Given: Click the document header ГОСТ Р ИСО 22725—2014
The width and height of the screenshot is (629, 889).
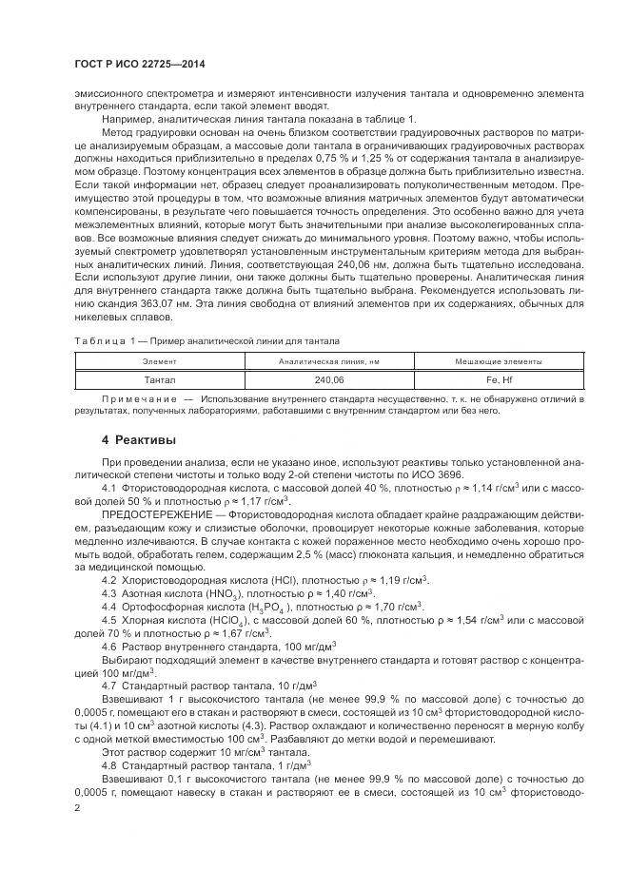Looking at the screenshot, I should click(x=140, y=65).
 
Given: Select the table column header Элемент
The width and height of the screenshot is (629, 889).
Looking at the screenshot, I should click(x=159, y=362).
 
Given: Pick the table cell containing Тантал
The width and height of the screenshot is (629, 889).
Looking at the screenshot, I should click(x=159, y=379).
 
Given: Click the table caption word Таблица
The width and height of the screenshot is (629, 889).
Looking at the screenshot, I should click(x=97, y=340).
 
